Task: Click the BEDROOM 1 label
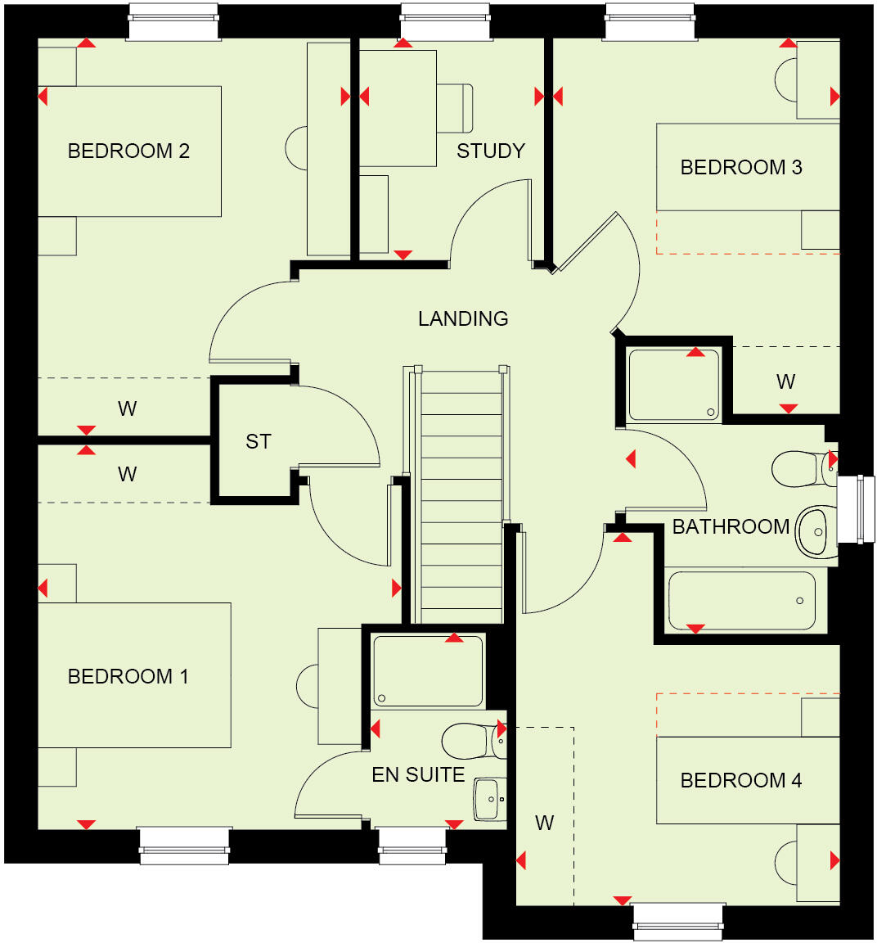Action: click(128, 676)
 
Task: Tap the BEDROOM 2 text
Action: click(128, 151)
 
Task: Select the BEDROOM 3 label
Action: click(740, 167)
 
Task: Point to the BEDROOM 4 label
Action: click(740, 780)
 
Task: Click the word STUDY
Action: click(490, 151)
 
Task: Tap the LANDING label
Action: click(463, 318)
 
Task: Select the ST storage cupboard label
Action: click(258, 442)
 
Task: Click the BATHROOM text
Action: click(731, 526)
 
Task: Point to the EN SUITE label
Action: click(418, 774)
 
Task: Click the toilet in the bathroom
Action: click(802, 468)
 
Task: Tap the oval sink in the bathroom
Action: click(816, 531)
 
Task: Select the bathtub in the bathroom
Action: click(741, 601)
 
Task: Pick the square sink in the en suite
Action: click(488, 798)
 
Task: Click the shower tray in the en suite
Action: click(428, 670)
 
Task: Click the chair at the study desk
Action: click(456, 108)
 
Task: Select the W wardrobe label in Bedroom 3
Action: click(785, 381)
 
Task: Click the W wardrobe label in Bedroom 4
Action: click(544, 823)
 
